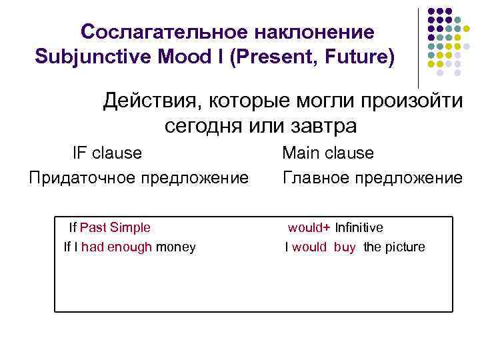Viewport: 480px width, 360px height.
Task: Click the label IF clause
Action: [x=107, y=153]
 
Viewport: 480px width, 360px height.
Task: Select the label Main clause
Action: [x=328, y=153]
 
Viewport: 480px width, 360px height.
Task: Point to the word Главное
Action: [x=318, y=179]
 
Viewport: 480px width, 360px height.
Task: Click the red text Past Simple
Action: [x=115, y=227]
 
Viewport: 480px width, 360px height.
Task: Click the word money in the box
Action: [x=176, y=247]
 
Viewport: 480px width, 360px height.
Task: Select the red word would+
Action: [x=309, y=227]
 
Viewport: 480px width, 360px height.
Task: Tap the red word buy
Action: [x=345, y=247]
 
